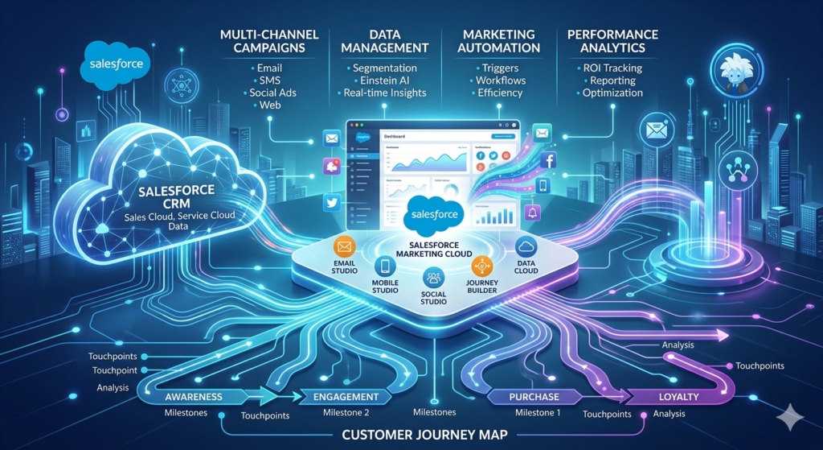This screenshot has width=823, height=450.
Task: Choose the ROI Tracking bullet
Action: tap(612, 68)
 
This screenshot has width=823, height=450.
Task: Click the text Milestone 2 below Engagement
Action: tap(346, 412)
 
